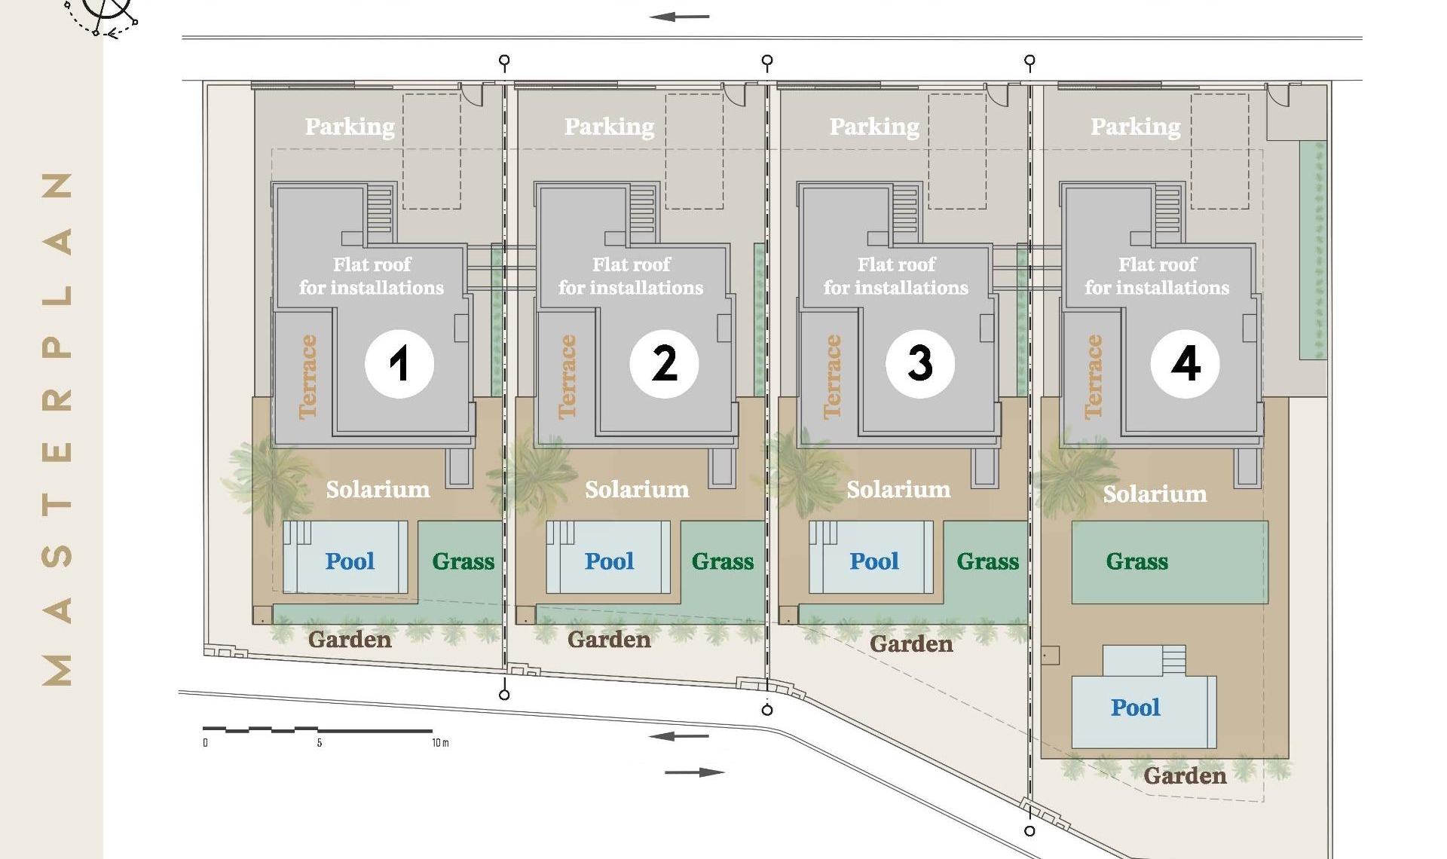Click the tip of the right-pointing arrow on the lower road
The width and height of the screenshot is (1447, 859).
[x=725, y=772]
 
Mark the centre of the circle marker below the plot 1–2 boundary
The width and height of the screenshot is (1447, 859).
[x=504, y=695]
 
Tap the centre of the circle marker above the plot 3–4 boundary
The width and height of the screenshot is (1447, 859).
[x=1029, y=60]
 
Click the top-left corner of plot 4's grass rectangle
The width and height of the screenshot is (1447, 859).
[x=1072, y=521]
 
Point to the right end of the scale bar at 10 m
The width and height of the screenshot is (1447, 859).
[x=432, y=730]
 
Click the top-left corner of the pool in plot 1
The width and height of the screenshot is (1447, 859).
[x=283, y=521]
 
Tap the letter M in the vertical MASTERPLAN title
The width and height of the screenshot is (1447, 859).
[x=58, y=669]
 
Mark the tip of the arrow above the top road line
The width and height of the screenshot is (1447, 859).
[x=649, y=17]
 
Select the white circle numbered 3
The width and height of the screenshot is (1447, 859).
[x=920, y=363]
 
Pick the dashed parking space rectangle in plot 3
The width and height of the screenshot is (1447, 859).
[x=957, y=151]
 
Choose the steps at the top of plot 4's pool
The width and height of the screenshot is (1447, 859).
[x=1173, y=660]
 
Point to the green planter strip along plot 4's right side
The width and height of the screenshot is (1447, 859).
[x=1312, y=249]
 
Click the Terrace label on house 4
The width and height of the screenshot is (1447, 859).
[x=1093, y=377]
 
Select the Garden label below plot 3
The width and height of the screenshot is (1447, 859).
[x=911, y=643]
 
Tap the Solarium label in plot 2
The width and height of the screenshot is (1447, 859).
[x=637, y=490]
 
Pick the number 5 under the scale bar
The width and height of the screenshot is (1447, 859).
[x=320, y=743]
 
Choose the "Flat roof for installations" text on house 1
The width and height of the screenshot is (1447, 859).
[x=372, y=276]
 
